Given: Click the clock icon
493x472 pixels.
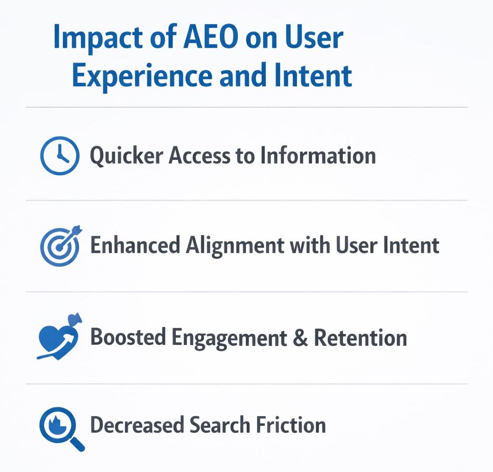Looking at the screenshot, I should [59, 156].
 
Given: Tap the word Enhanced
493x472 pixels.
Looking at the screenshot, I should [134, 245].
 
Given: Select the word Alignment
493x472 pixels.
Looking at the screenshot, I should [234, 245].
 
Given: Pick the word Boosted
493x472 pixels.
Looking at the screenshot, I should [127, 337].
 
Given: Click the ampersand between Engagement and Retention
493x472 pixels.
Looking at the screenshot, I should [299, 337].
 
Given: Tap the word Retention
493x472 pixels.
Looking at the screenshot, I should [361, 337].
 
